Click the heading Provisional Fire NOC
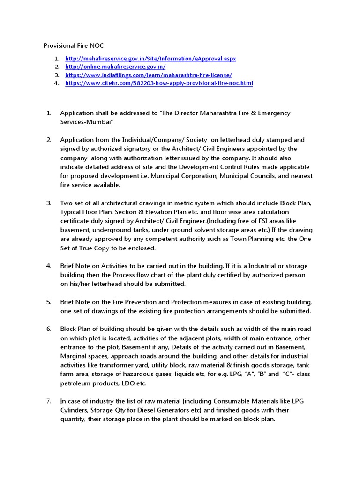coord(74,45)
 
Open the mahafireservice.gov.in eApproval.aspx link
coord(150,59)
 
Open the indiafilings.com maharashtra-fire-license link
coord(149,75)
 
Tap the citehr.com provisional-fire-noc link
coord(159,83)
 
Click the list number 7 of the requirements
coord(48,401)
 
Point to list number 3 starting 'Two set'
coord(48,203)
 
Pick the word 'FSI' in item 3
coord(261,221)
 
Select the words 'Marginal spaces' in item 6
coord(84,356)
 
